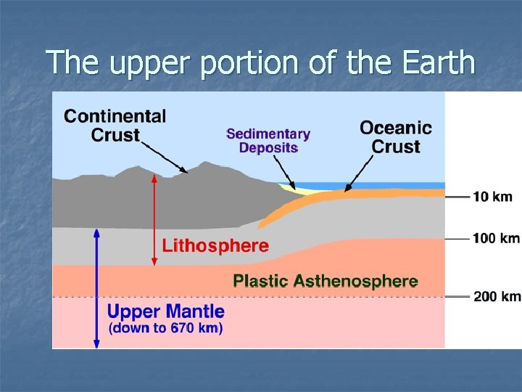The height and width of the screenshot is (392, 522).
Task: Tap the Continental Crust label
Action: pos(115,126)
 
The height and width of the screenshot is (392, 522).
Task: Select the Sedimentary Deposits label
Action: pos(268,141)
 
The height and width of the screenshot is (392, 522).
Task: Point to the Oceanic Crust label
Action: pos(396,137)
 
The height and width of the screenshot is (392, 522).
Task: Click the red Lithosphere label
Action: pos(215,245)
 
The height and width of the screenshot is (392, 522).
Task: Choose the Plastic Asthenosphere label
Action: pos(325,281)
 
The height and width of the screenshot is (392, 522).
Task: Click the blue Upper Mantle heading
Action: pos(166,312)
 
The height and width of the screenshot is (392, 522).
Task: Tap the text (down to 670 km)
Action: pos(165,328)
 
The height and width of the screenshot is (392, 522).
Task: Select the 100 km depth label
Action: pos(497,238)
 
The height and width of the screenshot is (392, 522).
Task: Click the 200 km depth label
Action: pos(497,296)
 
